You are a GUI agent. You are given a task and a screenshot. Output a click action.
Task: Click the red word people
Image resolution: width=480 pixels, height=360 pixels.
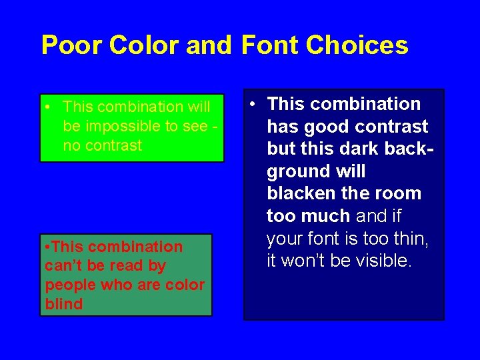click(69, 285)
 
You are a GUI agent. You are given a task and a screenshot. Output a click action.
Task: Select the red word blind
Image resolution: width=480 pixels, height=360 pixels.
click(63, 304)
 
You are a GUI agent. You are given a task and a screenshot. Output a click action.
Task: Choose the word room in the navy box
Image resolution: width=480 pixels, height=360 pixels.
click(399, 194)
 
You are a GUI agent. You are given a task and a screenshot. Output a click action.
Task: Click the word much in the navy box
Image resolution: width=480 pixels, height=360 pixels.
click(328, 216)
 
